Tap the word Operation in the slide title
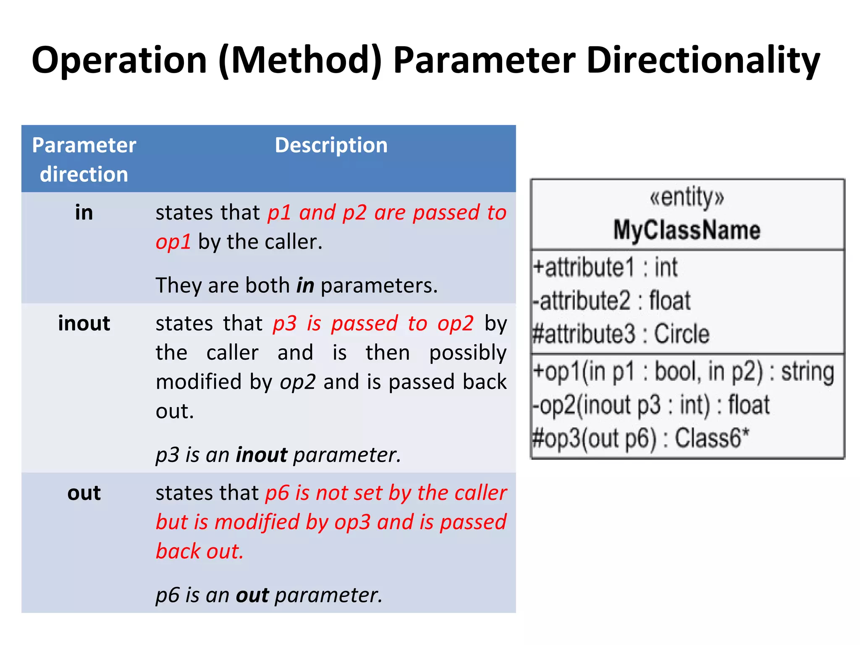(x=119, y=61)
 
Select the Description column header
(x=331, y=146)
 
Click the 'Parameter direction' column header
(x=84, y=160)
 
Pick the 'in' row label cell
(x=84, y=212)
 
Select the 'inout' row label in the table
(x=84, y=323)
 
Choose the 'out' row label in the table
(x=84, y=493)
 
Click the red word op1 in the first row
(x=173, y=242)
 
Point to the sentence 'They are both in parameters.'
(x=296, y=286)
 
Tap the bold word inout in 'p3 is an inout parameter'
(x=262, y=455)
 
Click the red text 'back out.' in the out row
(x=199, y=551)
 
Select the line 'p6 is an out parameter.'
(x=269, y=595)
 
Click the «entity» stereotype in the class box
(x=687, y=197)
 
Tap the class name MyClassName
(x=687, y=230)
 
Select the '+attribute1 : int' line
(x=605, y=267)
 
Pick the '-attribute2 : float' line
(x=611, y=301)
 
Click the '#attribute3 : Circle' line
(x=621, y=334)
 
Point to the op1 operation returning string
(x=683, y=372)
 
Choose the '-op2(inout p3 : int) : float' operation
(x=651, y=405)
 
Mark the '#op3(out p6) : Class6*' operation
(x=640, y=438)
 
